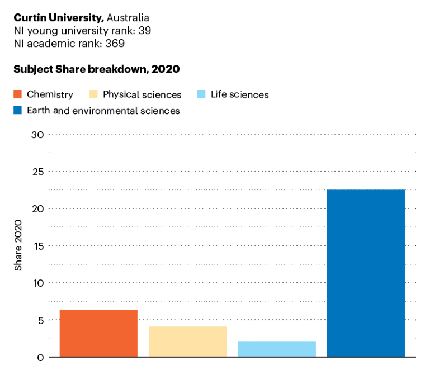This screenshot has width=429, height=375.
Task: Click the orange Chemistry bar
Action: coord(98,333)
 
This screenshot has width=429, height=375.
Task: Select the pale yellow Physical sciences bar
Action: coord(187,341)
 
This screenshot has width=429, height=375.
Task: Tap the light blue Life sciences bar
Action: coord(277,349)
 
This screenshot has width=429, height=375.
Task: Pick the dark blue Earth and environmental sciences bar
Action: coord(366,273)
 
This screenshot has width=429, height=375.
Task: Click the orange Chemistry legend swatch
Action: coord(17,94)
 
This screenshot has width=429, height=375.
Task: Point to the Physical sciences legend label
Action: coord(142,94)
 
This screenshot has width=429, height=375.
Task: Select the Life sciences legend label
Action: coord(239,94)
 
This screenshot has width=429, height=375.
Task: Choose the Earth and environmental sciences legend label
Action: coord(103,111)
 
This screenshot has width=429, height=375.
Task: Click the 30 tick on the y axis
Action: coord(37,134)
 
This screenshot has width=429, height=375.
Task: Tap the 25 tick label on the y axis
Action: coord(37,172)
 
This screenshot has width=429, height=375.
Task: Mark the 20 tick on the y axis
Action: coord(37,208)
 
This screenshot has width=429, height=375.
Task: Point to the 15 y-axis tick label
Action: coord(37,245)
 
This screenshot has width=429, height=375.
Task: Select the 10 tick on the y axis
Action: coord(37,283)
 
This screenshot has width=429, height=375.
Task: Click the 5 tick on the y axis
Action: coord(40,320)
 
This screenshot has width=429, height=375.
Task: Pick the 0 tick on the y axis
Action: coord(40,357)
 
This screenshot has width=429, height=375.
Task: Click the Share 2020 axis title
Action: coord(18,245)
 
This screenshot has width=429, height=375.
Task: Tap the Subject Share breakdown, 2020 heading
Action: coord(96,69)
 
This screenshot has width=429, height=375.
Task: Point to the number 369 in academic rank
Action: coord(115,43)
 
